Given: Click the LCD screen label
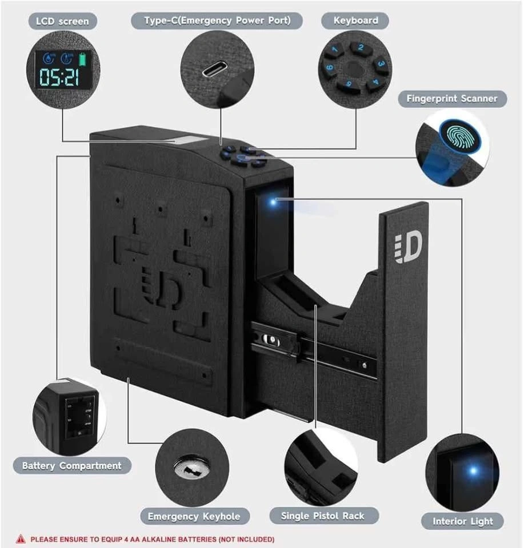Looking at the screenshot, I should click(x=62, y=21).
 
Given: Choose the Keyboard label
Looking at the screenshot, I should click(x=356, y=21).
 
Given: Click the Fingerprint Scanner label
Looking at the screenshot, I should click(x=452, y=99).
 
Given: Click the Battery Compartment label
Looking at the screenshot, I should click(x=71, y=466).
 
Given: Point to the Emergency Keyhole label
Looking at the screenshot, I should click(x=194, y=517).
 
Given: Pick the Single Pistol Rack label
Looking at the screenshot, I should click(x=322, y=516).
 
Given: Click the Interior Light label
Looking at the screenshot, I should click(x=462, y=521).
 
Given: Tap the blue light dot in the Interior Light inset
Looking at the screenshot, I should click(x=472, y=472).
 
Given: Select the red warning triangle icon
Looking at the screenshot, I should click(x=21, y=538).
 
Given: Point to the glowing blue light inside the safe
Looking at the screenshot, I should click(x=274, y=200).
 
